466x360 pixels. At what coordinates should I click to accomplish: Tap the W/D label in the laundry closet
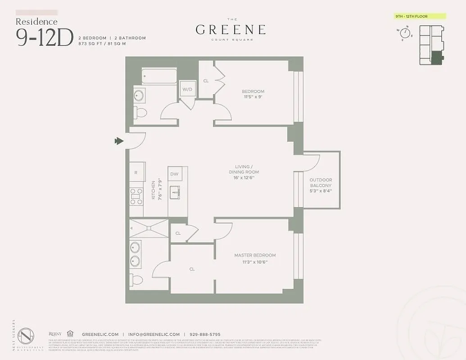187,89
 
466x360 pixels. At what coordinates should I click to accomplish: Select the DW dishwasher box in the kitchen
174,174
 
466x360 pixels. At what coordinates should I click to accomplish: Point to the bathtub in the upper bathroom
158,76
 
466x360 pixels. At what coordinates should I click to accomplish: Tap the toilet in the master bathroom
136,280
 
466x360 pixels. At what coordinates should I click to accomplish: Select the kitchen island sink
175,193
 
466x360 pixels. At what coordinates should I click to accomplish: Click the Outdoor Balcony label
321,185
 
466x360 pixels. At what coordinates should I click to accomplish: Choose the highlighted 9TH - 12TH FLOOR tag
418,16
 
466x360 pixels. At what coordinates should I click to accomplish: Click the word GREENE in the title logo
230,30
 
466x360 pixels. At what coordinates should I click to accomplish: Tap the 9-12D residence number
45,37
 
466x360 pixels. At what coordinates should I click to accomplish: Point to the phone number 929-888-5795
204,334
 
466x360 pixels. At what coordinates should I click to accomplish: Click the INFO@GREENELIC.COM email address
154,334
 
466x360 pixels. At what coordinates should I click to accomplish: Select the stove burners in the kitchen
136,196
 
